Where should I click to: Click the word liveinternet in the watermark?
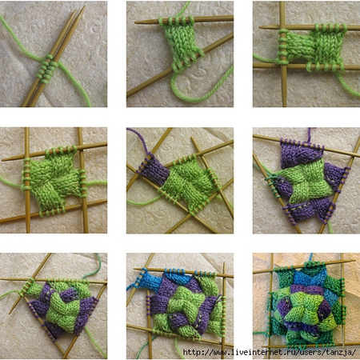(x=259, y=352)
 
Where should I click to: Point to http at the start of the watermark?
(x=193, y=352)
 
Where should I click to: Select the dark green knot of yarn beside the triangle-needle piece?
(x=270, y=177)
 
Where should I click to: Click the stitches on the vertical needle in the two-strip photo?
(x=283, y=47)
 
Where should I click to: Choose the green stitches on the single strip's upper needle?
(x=176, y=21)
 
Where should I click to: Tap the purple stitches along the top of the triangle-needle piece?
(x=302, y=144)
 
